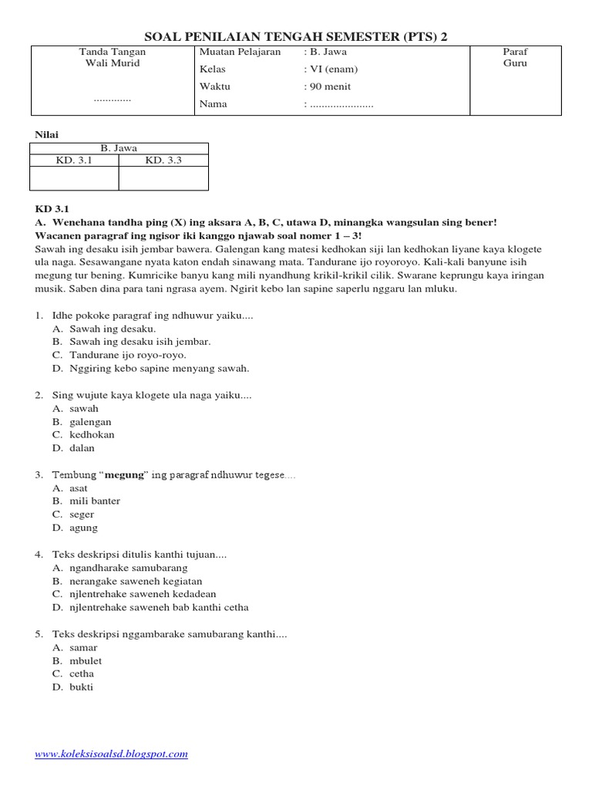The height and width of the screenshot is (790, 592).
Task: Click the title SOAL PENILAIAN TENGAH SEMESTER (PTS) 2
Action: (x=295, y=37)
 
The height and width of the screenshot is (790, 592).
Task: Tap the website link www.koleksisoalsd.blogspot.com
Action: (x=111, y=754)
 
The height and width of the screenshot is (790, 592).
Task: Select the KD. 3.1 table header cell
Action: (x=74, y=160)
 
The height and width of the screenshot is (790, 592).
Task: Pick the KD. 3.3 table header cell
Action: (x=163, y=160)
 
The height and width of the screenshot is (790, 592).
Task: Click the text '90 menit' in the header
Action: (x=329, y=86)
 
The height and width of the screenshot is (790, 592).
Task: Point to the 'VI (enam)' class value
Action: (x=333, y=69)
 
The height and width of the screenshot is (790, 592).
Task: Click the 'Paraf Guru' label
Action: (x=515, y=58)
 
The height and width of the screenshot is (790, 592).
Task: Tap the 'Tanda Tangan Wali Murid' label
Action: (x=113, y=58)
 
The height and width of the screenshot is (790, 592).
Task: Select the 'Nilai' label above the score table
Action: (x=47, y=134)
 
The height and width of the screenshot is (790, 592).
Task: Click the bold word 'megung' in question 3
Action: (x=124, y=474)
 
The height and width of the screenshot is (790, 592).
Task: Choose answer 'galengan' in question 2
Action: (x=90, y=422)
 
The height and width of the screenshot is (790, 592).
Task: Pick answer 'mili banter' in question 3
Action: (x=95, y=501)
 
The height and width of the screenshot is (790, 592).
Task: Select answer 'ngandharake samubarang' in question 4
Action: (x=128, y=568)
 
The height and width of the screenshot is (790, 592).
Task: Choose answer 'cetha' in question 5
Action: (x=82, y=674)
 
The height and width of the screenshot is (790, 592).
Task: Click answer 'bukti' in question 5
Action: (x=81, y=687)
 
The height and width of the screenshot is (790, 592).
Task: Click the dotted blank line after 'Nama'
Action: (x=341, y=104)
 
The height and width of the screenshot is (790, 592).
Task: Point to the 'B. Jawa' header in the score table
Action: (x=119, y=148)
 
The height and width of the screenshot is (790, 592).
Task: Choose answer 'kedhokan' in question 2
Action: (x=92, y=434)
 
